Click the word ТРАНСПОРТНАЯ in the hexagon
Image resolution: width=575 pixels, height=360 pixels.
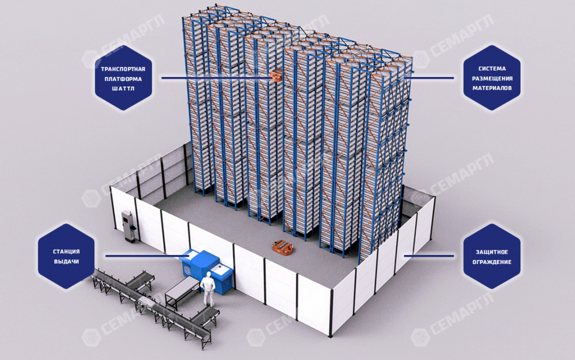pyautogui.click(x=123, y=69)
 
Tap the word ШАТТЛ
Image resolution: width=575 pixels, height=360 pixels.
pyautogui.click(x=123, y=88)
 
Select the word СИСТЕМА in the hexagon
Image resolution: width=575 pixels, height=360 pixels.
pyautogui.click(x=492, y=69)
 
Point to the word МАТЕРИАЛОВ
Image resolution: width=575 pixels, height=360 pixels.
pyautogui.click(x=492, y=88)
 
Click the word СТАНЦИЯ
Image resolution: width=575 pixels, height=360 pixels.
pyautogui.click(x=66, y=252)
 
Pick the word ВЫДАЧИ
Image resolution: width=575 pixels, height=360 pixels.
pyautogui.click(x=66, y=261)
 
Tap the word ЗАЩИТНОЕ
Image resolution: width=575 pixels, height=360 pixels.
pyautogui.click(x=492, y=252)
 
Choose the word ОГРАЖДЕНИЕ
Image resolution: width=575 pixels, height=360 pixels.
pyautogui.click(x=492, y=262)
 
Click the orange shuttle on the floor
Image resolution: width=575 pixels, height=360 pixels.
pyautogui.click(x=282, y=247)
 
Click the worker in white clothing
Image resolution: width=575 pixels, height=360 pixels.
pyautogui.click(x=208, y=289)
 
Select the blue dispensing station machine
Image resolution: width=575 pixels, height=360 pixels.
pyautogui.click(x=207, y=270)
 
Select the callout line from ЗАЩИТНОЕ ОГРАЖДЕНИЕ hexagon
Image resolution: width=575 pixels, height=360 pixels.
pyautogui.click(x=429, y=256)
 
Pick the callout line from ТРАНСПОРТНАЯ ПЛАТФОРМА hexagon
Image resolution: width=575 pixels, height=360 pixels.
pyautogui.click(x=217, y=78)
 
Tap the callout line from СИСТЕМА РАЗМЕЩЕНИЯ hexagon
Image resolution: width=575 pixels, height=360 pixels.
pyautogui.click(x=430, y=78)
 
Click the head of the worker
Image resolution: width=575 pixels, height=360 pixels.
pyautogui.click(x=208, y=274)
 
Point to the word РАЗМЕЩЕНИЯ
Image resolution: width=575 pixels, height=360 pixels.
pyautogui.click(x=492, y=79)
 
